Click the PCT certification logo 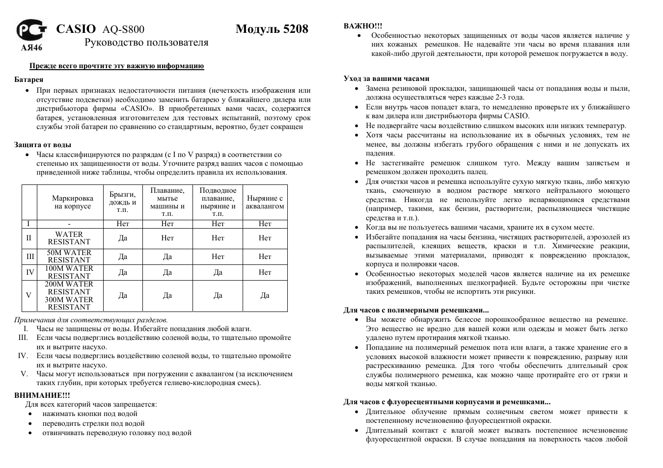tap(31, 31)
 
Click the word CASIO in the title tap(76, 29)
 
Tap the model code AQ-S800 tap(123, 30)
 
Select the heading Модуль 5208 tap(272, 29)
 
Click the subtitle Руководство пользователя tap(146, 43)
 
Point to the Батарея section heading tap(29, 79)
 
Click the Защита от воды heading tap(43, 145)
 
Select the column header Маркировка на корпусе tap(73, 202)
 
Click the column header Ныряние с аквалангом tap(265, 202)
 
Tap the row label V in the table tap(28, 295)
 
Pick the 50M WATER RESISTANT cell tap(69, 256)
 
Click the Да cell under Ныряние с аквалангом tap(265, 295)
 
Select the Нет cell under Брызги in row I tap(123, 224)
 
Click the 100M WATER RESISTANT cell tap(69, 272)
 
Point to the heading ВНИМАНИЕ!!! tap(42, 395)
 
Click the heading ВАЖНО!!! tap(362, 26)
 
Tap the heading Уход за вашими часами tap(386, 78)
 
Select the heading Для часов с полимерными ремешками tap(415, 310)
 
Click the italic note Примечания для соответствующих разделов tap(91, 320)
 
